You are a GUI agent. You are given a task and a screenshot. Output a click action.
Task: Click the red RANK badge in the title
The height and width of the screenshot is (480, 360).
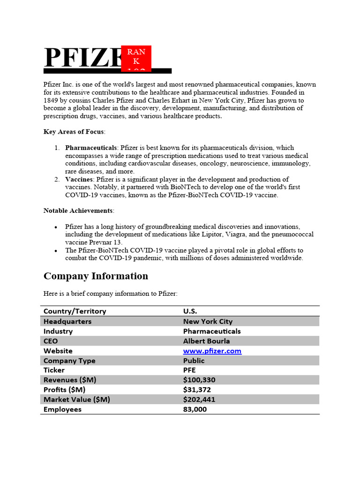(x=136, y=59)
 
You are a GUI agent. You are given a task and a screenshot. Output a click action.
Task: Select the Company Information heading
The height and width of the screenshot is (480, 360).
(x=96, y=276)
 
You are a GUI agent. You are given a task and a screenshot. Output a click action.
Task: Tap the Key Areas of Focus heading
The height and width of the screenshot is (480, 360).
(x=74, y=132)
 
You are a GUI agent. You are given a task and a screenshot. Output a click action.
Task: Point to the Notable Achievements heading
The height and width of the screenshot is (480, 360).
(x=78, y=210)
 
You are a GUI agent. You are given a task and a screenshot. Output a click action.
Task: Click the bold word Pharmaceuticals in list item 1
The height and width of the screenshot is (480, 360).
(x=91, y=148)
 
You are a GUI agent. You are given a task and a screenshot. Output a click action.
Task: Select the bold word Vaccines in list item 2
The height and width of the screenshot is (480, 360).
(x=79, y=179)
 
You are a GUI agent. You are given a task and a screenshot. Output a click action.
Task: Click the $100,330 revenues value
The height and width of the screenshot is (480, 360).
(x=199, y=380)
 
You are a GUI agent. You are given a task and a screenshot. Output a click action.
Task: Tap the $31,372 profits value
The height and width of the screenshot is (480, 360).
(x=197, y=390)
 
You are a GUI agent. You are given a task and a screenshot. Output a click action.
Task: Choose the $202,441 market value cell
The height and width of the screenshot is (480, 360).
(x=199, y=399)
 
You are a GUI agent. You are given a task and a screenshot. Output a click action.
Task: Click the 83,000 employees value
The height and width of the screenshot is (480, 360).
(x=195, y=409)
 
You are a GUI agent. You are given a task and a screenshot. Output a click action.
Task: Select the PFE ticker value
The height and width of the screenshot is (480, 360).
(x=189, y=370)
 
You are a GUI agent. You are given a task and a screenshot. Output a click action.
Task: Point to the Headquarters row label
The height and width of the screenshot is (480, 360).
(x=67, y=322)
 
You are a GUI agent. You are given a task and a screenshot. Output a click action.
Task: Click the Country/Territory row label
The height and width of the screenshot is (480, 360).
(x=75, y=311)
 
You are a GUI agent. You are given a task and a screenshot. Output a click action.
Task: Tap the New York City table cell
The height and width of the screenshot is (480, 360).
(x=208, y=322)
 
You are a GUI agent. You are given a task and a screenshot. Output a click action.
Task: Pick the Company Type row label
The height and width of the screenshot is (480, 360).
(x=69, y=360)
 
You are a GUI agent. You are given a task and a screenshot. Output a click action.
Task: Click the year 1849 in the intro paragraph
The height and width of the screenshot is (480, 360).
(x=51, y=100)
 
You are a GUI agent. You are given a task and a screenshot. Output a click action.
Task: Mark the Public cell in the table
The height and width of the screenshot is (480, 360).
(x=194, y=360)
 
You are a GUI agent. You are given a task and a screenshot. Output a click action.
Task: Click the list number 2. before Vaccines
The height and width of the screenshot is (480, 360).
(x=57, y=179)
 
